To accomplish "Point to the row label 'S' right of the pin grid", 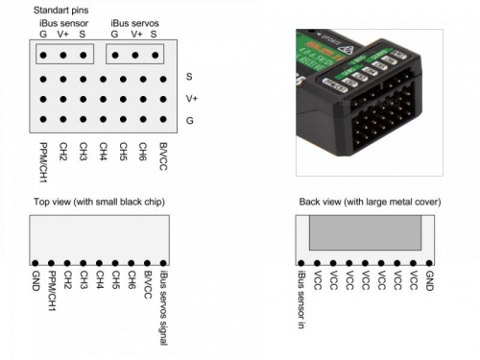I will click(189, 76).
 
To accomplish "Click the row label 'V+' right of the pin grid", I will click(192, 98).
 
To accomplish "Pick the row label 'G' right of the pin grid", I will click(189, 120).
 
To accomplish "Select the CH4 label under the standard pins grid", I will click(103, 152).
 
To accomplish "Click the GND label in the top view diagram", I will click(36, 279).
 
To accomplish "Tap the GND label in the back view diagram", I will click(429, 279).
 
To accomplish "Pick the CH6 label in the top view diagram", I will click(131, 279).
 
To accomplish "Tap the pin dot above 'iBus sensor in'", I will click(302, 261).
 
